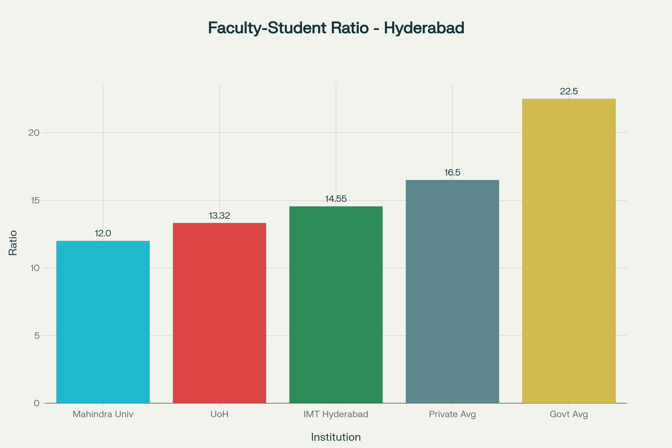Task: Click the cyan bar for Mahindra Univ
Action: click(x=103, y=322)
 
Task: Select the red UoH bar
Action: click(x=220, y=313)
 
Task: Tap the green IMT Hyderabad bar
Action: click(x=336, y=305)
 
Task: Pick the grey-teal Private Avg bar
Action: click(x=452, y=291)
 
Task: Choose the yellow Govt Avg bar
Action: click(x=569, y=251)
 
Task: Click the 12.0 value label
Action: click(x=103, y=234)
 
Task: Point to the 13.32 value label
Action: click(x=220, y=216)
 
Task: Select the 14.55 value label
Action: click(x=336, y=199)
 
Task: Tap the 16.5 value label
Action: click(x=452, y=172)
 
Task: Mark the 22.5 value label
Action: click(x=569, y=92)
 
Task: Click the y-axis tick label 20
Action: click(x=34, y=133)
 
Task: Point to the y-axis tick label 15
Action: click(x=35, y=200)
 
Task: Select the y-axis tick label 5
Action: click(x=37, y=336)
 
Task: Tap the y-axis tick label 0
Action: click(x=37, y=403)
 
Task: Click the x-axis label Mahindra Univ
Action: click(x=103, y=414)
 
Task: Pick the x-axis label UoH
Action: click(x=220, y=414)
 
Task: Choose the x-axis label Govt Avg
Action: click(x=569, y=414)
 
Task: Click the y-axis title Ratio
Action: click(x=13, y=243)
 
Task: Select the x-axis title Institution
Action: click(x=336, y=437)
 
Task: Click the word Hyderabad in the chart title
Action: click(x=424, y=28)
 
